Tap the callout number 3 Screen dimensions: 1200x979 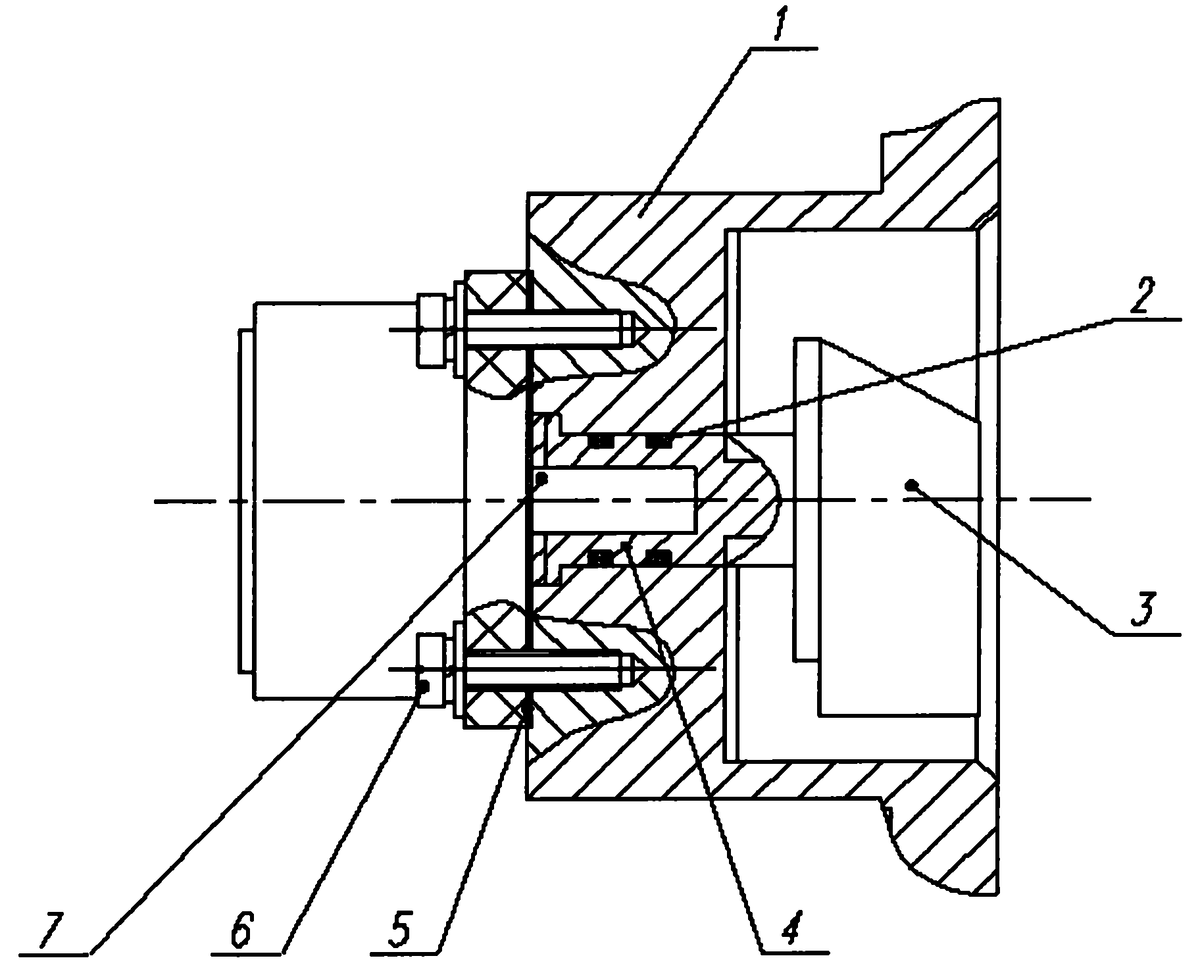[1143, 609]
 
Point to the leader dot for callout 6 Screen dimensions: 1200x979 [424, 687]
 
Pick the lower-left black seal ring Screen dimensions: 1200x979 [599, 559]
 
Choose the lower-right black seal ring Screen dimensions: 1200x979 [658, 559]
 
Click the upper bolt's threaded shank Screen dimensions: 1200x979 [546, 330]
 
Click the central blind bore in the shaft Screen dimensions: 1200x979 [613, 500]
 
